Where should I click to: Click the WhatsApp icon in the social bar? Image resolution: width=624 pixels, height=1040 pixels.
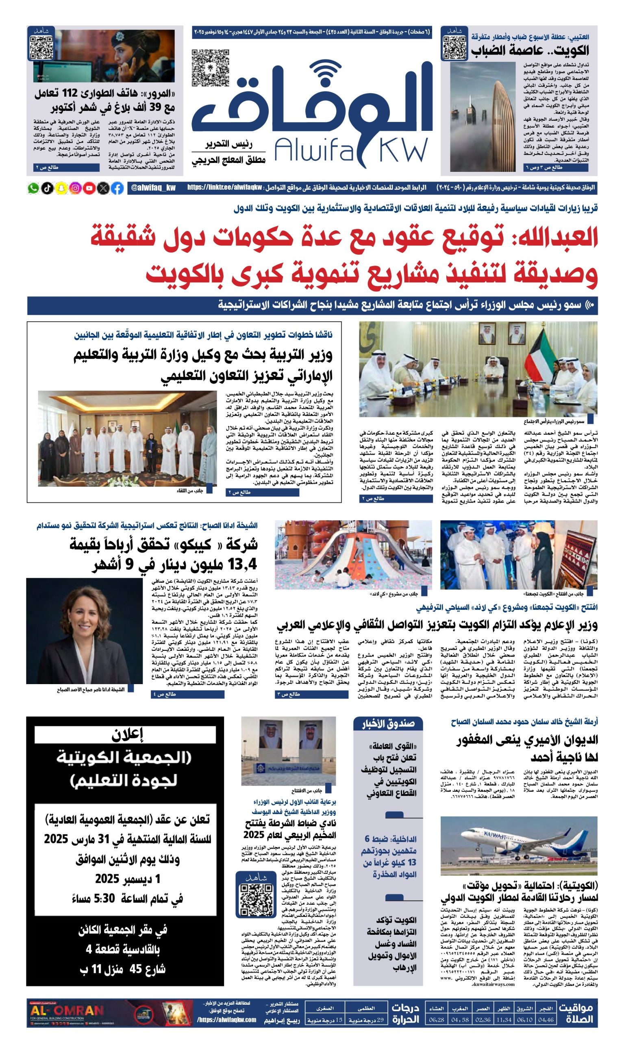33,188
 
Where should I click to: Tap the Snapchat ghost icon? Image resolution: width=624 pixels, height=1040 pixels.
61,188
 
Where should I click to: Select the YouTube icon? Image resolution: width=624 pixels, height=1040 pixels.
89,188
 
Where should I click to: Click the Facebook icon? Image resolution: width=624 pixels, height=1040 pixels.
117,188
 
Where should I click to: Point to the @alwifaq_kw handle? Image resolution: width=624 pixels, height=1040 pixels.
153,188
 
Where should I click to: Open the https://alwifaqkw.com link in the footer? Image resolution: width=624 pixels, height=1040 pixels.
227,1019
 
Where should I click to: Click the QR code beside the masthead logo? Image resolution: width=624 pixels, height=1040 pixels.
210,68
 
